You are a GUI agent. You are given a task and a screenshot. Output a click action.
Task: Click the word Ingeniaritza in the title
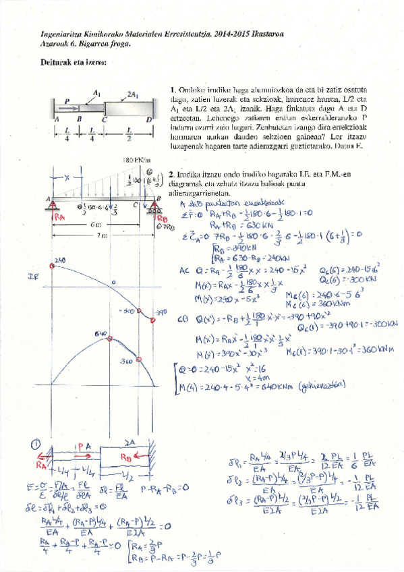[59, 32]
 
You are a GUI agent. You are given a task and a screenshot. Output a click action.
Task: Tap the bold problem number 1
[173, 89]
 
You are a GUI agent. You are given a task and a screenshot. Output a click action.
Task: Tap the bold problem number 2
[171, 173]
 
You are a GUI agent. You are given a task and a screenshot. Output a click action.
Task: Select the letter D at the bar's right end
[149, 119]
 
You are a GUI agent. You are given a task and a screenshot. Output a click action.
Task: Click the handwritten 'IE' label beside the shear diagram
[31, 277]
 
